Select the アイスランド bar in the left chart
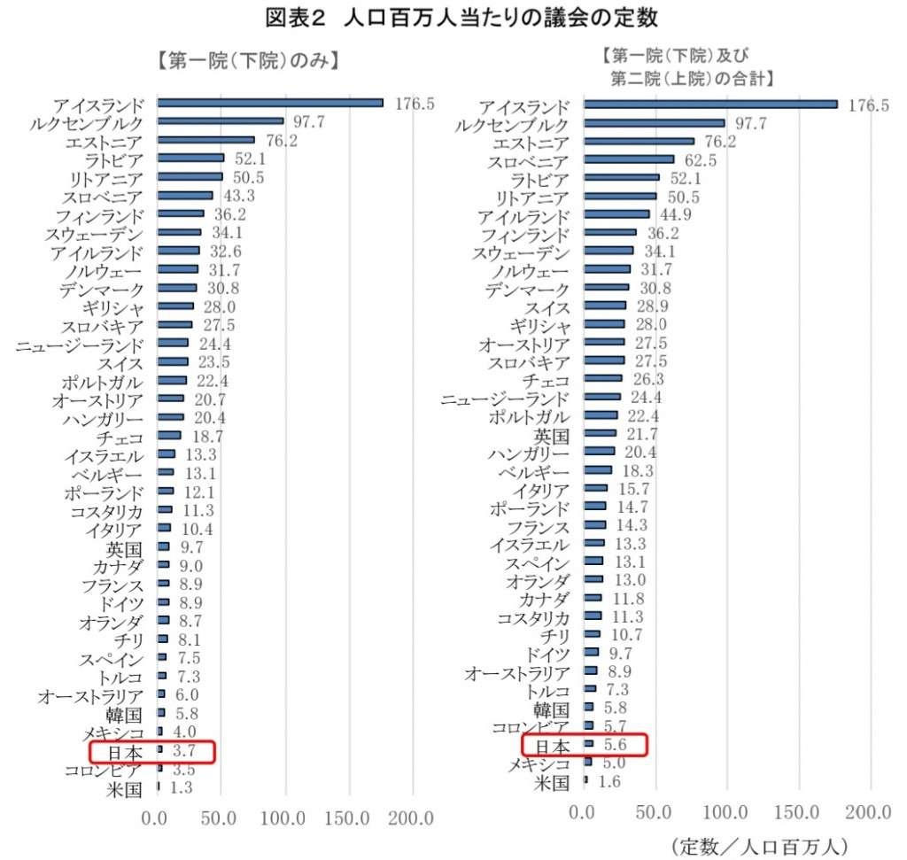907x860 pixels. pos(270,103)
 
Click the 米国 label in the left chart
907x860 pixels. pos(124,789)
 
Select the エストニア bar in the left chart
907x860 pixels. pos(205,140)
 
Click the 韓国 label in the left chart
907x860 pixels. pos(124,714)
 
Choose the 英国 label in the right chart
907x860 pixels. pos(553,435)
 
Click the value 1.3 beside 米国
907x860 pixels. pos(182,787)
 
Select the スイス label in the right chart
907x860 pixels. pos(548,306)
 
